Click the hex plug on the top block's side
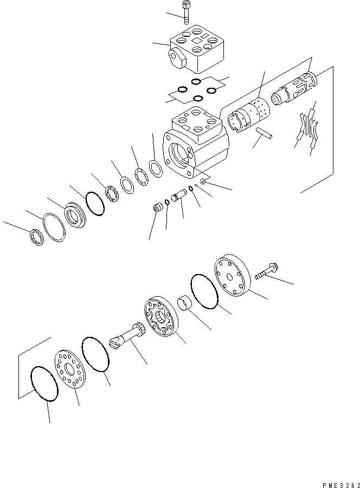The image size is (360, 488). click(x=176, y=58)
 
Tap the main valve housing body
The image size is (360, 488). click(x=196, y=142)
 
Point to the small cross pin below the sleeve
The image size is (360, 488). click(x=264, y=133)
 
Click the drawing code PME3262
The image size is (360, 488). click(x=340, y=485)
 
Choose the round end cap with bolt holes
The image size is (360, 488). click(x=232, y=275)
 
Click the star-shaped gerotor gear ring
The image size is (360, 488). click(x=161, y=317)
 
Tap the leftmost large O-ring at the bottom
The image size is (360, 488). click(x=44, y=383)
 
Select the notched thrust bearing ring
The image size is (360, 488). click(x=142, y=177)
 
